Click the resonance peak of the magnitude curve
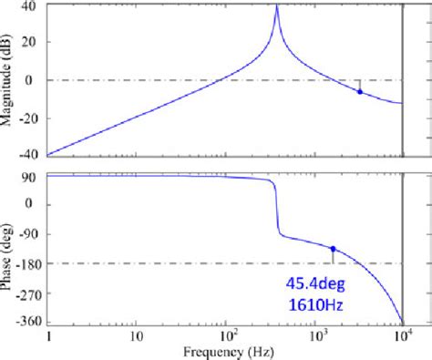[277, 6]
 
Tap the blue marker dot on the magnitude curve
[360, 92]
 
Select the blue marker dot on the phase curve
[334, 248]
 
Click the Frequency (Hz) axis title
[224, 352]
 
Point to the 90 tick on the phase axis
[30, 175]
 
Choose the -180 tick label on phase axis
[25, 263]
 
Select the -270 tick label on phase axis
[25, 293]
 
